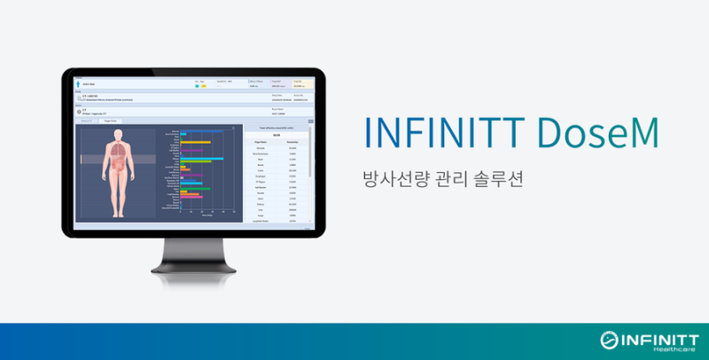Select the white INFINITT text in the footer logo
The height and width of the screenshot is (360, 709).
click(x=657, y=337)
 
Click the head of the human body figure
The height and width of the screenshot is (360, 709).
click(x=118, y=133)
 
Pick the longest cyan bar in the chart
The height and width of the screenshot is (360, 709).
click(x=201, y=158)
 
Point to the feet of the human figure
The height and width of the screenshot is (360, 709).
click(x=118, y=215)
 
